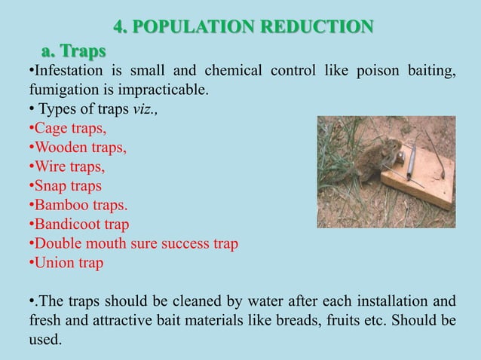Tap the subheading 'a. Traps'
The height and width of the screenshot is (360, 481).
73,51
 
